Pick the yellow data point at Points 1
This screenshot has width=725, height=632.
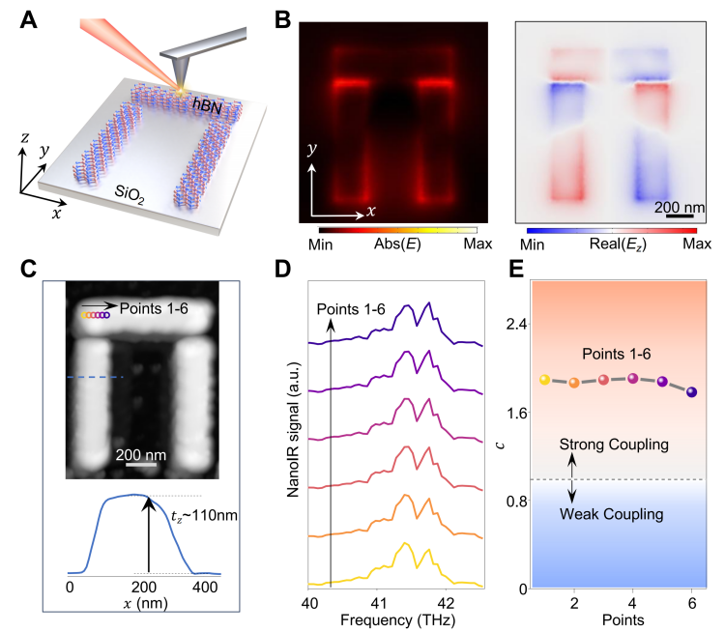544,380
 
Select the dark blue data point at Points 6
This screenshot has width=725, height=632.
691,392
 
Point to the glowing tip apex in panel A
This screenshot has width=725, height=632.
179,88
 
